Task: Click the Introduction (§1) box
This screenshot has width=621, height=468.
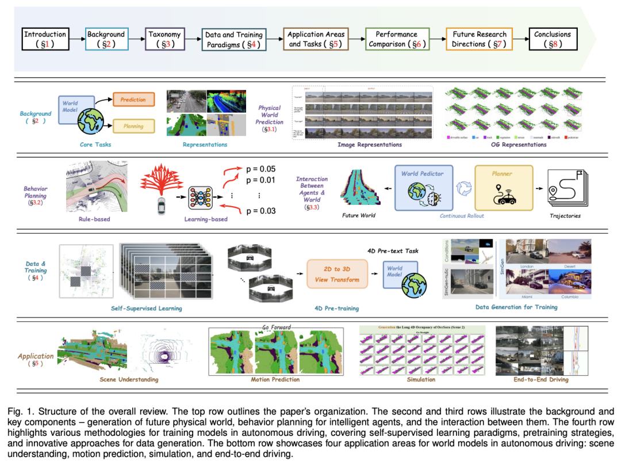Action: pyautogui.click(x=45, y=39)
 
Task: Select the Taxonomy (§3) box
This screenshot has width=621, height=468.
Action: pyautogui.click(x=164, y=39)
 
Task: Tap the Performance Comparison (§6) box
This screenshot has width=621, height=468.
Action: pyautogui.click(x=397, y=39)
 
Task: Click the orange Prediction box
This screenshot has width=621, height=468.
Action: pyautogui.click(x=133, y=100)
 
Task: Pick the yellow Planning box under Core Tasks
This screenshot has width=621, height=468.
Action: pyautogui.click(x=133, y=125)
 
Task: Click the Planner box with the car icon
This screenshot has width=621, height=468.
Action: pyautogui.click(x=504, y=187)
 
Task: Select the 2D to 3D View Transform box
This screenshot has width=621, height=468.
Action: pyautogui.click(x=336, y=275)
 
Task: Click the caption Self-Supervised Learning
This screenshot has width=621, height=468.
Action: pyautogui.click(x=146, y=309)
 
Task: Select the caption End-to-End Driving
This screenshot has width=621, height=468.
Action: pyautogui.click(x=540, y=379)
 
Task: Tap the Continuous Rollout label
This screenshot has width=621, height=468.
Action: pyautogui.click(x=462, y=216)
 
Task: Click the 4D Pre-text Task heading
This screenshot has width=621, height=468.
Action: pyautogui.click(x=393, y=250)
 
